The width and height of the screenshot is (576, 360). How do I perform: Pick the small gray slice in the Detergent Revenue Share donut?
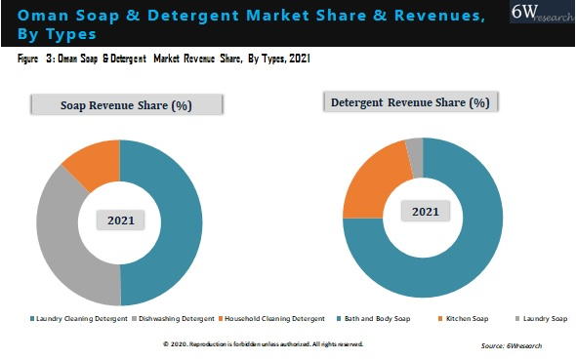tap(415, 147)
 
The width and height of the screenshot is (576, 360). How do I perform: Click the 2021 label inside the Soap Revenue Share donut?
tap(120, 220)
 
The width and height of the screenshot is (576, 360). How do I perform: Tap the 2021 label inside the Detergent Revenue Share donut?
tap(424, 212)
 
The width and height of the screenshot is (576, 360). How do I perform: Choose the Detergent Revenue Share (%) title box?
tap(410, 101)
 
